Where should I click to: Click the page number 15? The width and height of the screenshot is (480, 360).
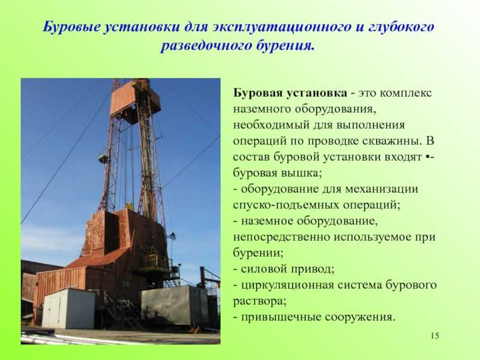pyautogui.click(x=434, y=335)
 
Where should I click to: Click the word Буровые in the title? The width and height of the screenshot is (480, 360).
pyautogui.click(x=71, y=27)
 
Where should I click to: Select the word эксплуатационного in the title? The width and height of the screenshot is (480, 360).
pyautogui.click(x=281, y=27)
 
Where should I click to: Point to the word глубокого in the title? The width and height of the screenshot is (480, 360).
pyautogui.click(x=400, y=27)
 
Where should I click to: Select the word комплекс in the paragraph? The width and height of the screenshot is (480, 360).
pyautogui.click(x=406, y=93)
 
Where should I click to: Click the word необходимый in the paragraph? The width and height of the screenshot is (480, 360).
pyautogui.click(x=271, y=125)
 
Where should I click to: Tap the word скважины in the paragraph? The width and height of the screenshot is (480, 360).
pyautogui.click(x=392, y=141)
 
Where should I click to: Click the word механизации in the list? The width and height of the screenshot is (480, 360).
pyautogui.click(x=382, y=189)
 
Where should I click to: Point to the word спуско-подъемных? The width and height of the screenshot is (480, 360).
pyautogui.click(x=286, y=205)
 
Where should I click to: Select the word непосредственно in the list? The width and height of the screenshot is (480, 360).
pyautogui.click(x=281, y=237)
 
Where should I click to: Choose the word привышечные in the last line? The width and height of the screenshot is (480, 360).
pyautogui.click(x=281, y=317)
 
